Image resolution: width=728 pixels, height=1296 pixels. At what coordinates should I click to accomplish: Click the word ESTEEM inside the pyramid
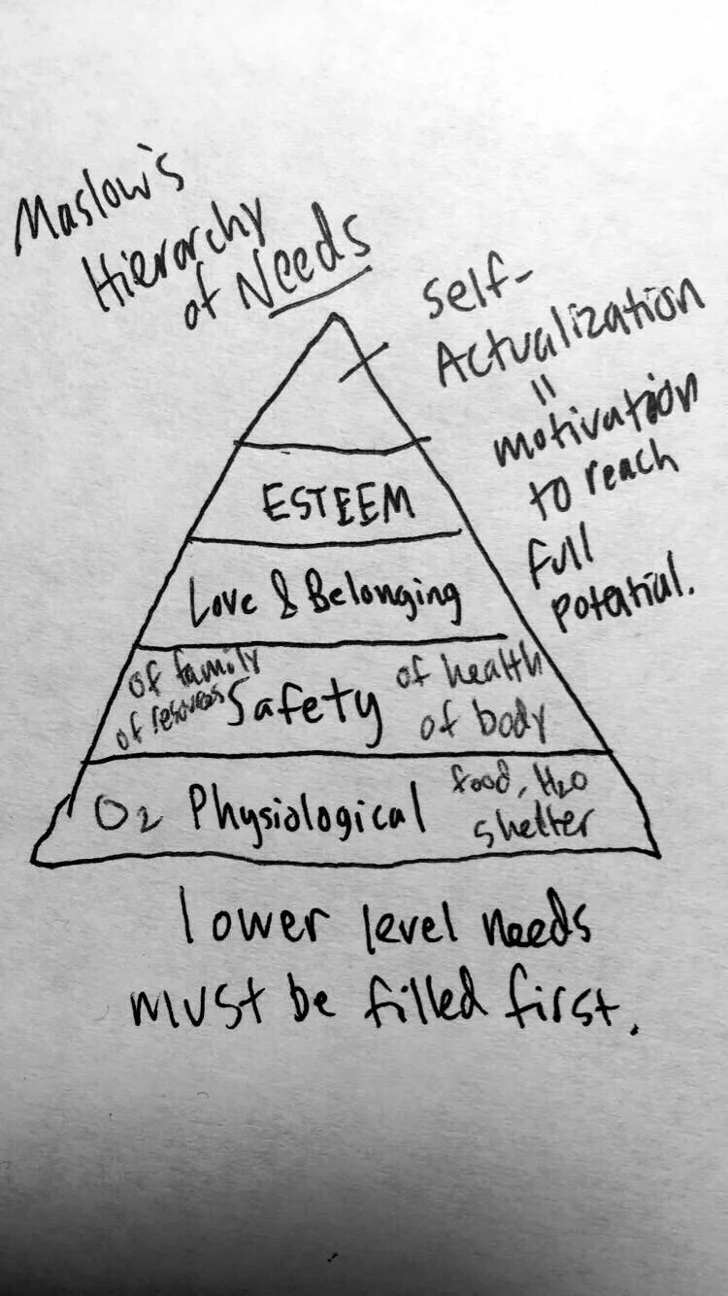click(x=338, y=502)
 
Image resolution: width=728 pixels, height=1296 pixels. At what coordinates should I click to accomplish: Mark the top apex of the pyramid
click(x=334, y=315)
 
